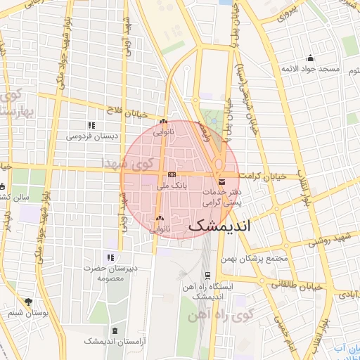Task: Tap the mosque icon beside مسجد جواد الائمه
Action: click(x=310, y=58)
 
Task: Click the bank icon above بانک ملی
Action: click(x=172, y=174)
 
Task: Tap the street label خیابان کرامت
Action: click(x=262, y=176)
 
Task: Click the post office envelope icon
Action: click(x=222, y=182)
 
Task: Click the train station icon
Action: click(x=207, y=276)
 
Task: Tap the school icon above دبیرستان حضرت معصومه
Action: click(x=110, y=257)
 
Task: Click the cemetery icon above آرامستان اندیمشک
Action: click(x=115, y=330)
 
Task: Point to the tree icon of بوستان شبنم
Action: click(x=28, y=302)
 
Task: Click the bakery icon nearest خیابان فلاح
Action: click(x=163, y=121)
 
